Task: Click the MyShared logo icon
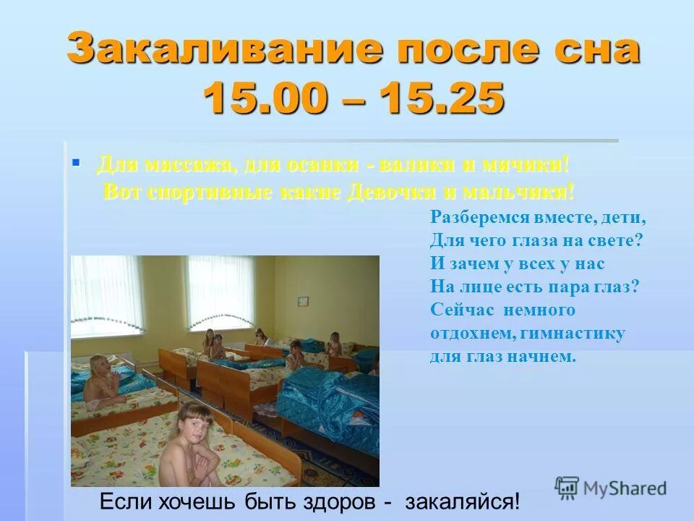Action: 567,487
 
